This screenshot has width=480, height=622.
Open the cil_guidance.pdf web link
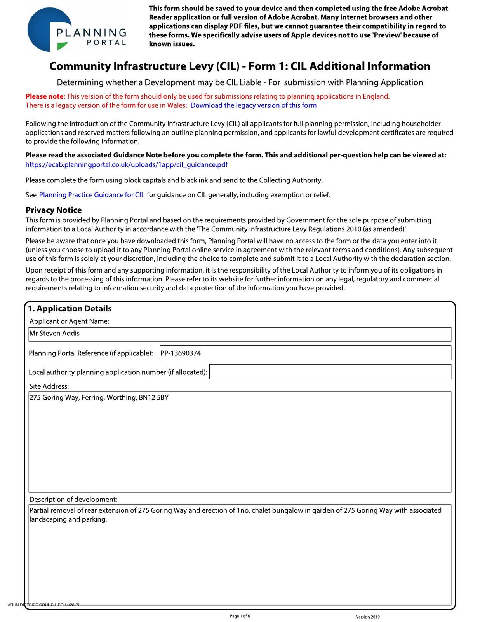126,164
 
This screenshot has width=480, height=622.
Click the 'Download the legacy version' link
253,105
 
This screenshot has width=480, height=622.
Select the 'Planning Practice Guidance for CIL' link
92,195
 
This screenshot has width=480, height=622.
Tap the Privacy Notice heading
54,210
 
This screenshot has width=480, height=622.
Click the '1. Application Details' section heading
70,309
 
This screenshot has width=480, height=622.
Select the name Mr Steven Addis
54,334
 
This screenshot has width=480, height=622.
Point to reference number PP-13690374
181,353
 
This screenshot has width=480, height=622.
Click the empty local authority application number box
330,372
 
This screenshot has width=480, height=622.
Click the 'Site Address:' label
49,386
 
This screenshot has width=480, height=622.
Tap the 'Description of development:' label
73,500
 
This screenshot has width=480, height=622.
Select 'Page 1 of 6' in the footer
240,616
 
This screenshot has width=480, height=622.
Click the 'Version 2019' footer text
368,617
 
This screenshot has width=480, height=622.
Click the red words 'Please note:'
45,96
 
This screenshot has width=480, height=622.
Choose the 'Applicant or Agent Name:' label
69,321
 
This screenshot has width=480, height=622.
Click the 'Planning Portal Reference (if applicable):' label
91,353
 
